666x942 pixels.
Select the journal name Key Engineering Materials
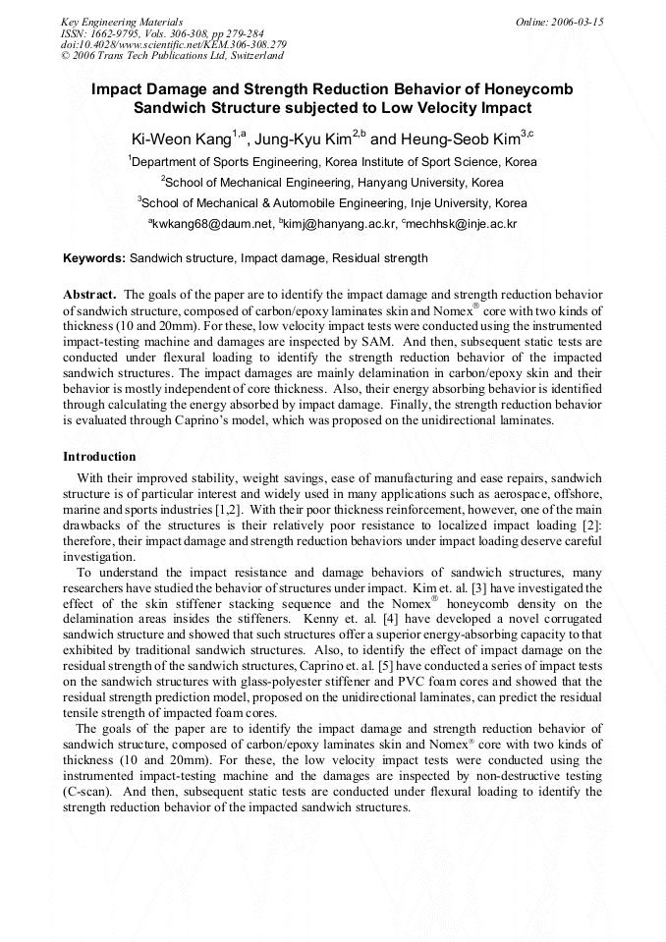[x=121, y=21]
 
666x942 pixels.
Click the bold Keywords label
[x=94, y=258]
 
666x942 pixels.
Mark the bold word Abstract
[x=90, y=295]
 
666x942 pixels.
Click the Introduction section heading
[x=99, y=457]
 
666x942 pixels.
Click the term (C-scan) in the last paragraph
[x=85, y=791]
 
